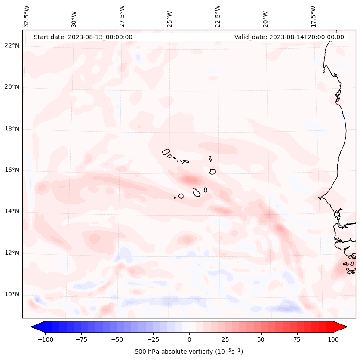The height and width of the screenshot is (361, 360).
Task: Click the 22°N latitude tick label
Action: tap(12, 46)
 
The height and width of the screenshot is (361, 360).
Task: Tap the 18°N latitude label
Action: tap(12, 129)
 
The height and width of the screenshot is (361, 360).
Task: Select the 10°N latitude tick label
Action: tap(12, 295)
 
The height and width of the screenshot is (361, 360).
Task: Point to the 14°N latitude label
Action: tap(12, 211)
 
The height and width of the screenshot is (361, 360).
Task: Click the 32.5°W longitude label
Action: tap(27, 16)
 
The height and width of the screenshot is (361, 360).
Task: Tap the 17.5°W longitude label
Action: tap(313, 16)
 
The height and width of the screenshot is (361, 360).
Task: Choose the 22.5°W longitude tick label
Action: tap(217, 16)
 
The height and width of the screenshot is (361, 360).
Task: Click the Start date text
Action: tap(83, 37)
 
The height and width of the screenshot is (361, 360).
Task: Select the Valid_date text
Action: tap(289, 37)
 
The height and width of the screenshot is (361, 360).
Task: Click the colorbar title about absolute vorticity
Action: tap(189, 352)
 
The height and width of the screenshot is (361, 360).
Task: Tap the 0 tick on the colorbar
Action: tap(189, 339)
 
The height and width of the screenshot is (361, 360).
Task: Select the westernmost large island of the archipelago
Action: tap(166, 152)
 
